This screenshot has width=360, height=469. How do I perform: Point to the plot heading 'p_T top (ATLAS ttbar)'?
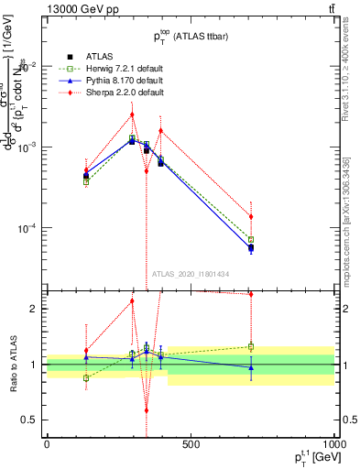191,37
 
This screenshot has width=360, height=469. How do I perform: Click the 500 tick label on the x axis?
191,444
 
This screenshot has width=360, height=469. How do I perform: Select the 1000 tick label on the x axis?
333,444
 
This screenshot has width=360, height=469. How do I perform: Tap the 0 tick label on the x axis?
47,444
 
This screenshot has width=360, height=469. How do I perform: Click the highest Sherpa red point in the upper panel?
132,115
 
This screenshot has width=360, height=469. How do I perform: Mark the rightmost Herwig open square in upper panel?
251,239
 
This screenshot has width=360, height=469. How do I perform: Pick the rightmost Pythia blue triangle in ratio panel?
251,367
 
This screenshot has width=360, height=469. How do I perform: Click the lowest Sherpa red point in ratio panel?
146,411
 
